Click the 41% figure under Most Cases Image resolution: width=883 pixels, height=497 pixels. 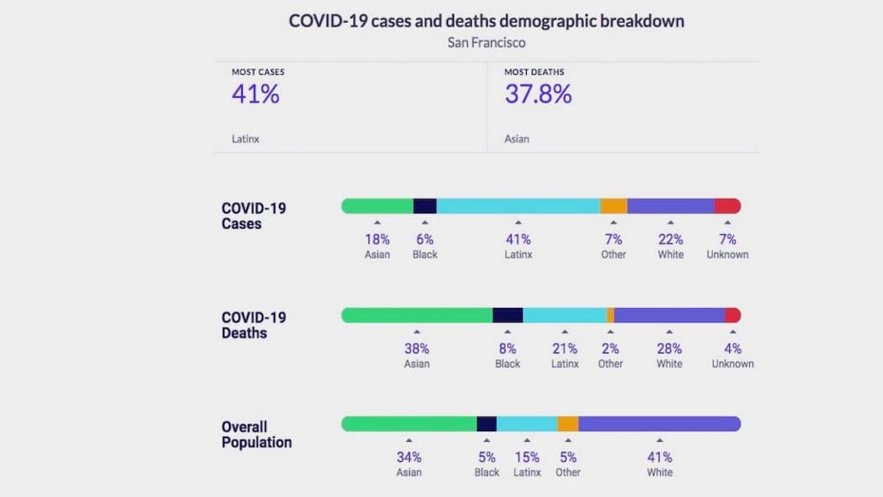click(255, 94)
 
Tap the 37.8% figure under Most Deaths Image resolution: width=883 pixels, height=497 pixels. click(537, 94)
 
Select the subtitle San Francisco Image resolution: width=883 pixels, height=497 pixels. click(486, 43)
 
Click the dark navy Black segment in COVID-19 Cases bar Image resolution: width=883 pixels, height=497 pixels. click(424, 205)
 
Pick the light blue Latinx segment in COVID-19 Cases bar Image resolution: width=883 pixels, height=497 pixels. click(517, 205)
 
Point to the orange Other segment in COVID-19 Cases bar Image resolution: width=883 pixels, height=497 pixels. click(613, 205)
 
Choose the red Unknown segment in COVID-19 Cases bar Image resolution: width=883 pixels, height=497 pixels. click(727, 205)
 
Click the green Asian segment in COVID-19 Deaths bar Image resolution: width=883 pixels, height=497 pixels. click(417, 315)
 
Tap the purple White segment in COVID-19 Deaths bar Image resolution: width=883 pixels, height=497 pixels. click(669, 315)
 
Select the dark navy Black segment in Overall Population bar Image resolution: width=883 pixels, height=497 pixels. click(486, 424)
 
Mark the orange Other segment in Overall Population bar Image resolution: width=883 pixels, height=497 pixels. click(568, 424)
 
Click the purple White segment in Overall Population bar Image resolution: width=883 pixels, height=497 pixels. click(659, 424)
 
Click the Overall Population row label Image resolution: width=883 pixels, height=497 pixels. click(256, 434)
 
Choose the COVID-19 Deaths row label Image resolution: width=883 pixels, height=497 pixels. click(254, 325)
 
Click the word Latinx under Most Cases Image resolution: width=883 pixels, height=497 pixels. click(245, 139)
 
